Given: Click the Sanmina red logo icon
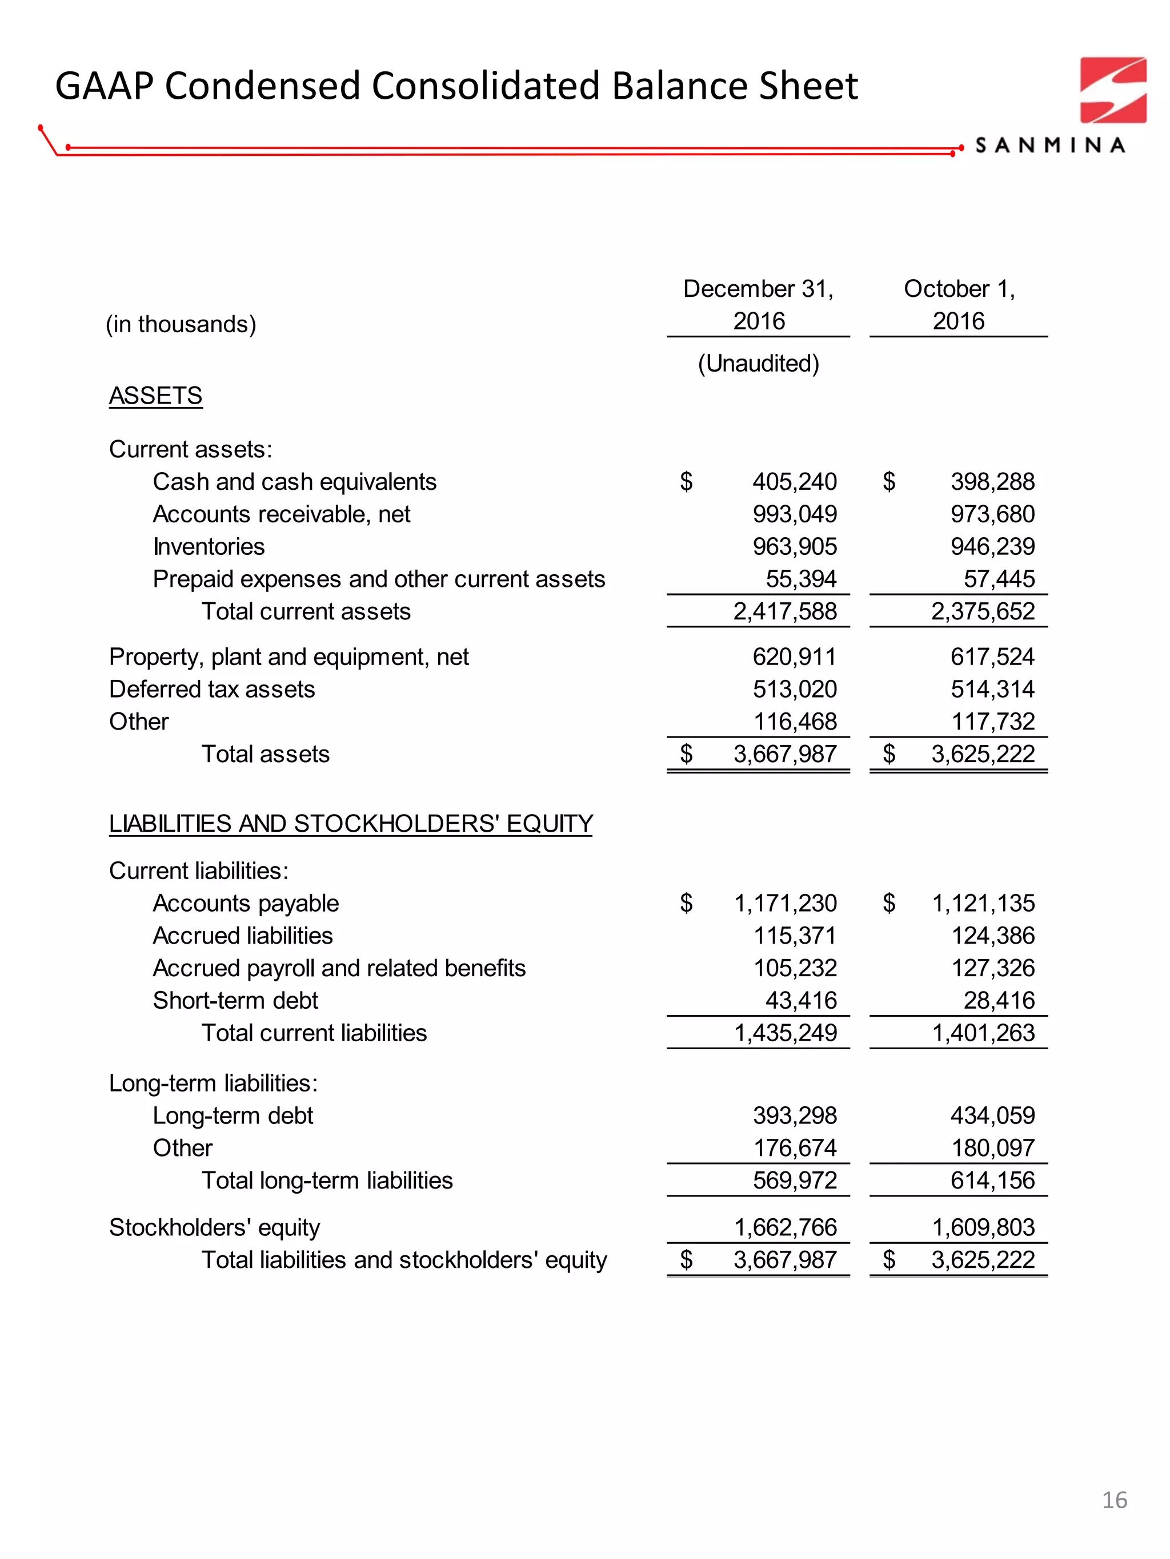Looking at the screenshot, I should pos(1113,90).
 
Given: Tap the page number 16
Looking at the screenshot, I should pos(1114,1500).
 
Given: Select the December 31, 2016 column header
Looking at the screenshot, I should pos(758,304).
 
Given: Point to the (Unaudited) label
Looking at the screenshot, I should pos(758,363).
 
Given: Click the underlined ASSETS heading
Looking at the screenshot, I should pos(155,396).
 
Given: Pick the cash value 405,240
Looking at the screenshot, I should pos(794,481).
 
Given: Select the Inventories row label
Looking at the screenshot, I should pos(209,546).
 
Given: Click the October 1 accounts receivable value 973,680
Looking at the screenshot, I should pos(992,514).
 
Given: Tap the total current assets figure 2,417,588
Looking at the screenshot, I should pos(785,611).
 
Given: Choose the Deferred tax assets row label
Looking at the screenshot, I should pos(211,688).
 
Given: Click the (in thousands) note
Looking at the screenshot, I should pos(181,324).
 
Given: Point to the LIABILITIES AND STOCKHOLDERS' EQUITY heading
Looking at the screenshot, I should pos(351,823).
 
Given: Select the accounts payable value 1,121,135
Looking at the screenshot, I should pos(983,903).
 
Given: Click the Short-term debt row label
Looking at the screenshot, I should pos(235,1000).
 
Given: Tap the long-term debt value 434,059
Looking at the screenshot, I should pos(992,1115).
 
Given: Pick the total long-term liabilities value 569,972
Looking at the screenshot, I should pos(794,1180).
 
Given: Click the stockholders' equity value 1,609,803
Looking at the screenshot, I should pos(983,1227).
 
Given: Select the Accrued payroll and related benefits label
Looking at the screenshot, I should pos(339,968).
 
